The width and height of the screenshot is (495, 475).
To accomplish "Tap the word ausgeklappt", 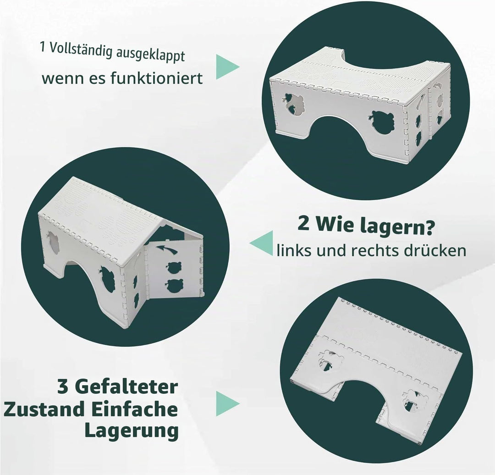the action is click(x=150, y=56).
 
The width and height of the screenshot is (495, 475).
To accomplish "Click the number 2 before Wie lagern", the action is click(x=303, y=225).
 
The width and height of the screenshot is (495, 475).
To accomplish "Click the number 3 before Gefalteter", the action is click(x=63, y=387).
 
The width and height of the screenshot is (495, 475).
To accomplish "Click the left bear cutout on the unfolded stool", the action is click(x=294, y=104).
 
